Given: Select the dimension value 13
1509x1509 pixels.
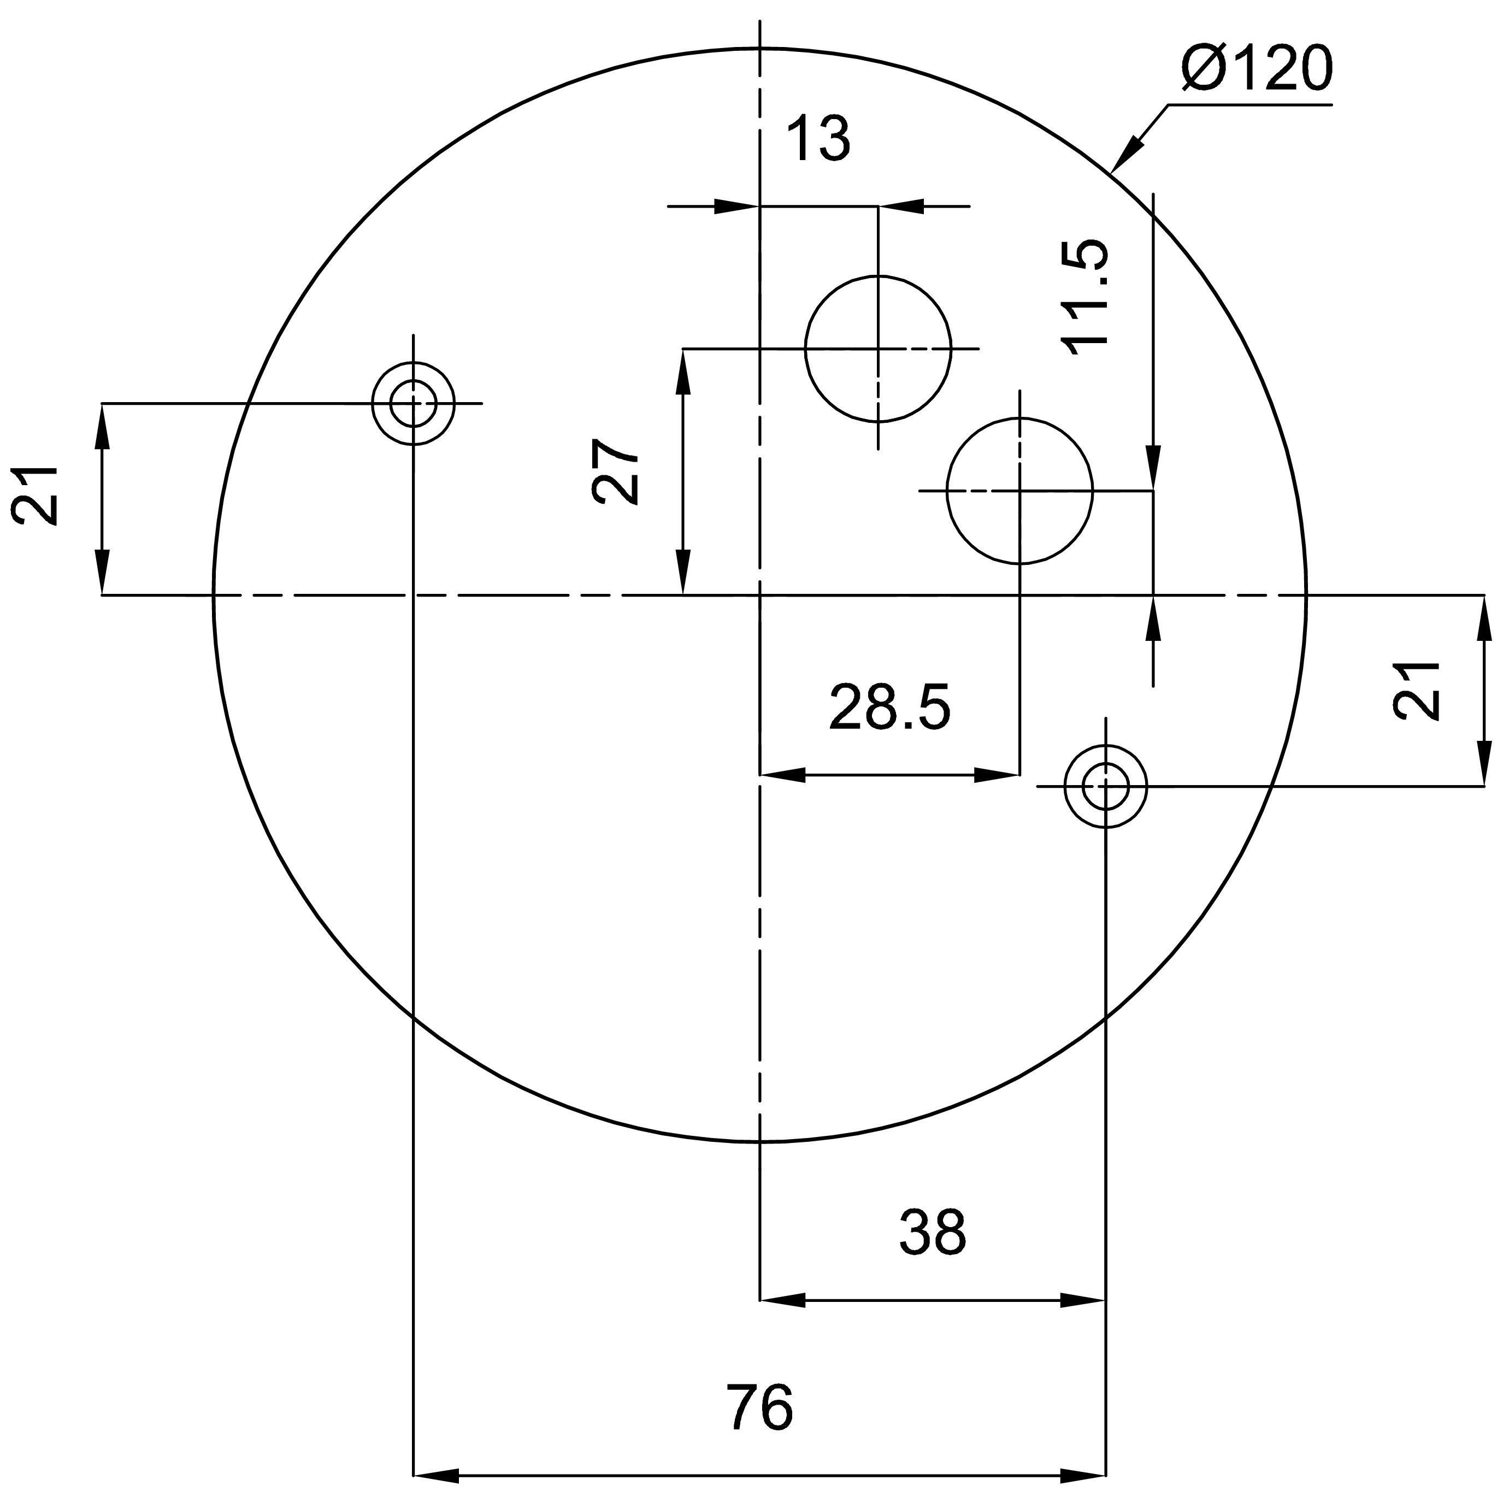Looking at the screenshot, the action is pyautogui.click(x=818, y=138).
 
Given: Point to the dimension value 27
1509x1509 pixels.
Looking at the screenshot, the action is pyautogui.click(x=616, y=471).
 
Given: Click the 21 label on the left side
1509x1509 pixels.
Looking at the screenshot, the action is pyautogui.click(x=35, y=495).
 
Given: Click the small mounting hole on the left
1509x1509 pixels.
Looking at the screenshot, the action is pyautogui.click(x=413, y=404).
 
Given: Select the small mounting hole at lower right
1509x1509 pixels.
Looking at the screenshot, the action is pyautogui.click(x=1106, y=787).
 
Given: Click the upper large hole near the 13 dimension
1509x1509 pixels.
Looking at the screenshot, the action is pyautogui.click(x=879, y=349).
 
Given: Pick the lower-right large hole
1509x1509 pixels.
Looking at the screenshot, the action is pyautogui.click(x=1020, y=491).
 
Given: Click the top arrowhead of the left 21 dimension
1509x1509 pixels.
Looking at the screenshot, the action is pyautogui.click(x=102, y=427).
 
